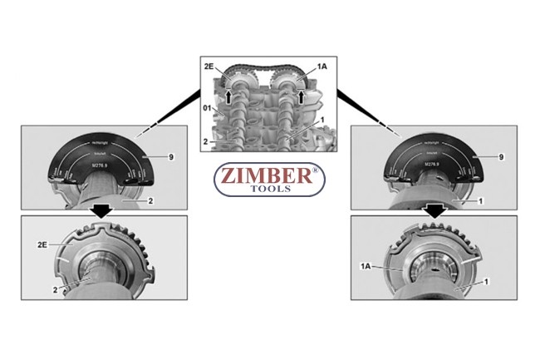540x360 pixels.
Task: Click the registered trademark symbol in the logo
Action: [x=312, y=170]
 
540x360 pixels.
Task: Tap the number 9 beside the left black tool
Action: [x=170, y=156]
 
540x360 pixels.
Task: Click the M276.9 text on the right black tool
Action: [x=433, y=165]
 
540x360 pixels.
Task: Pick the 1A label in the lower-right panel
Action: [x=366, y=265]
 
